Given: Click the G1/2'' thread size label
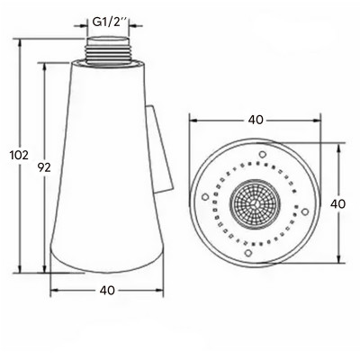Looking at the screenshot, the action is coord(111,22).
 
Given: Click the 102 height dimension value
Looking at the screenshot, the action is coord(19,156).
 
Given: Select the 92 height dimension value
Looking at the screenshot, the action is coord(44,167).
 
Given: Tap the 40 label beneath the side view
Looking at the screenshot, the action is coord(107,290).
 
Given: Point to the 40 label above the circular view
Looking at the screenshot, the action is coord(256,120).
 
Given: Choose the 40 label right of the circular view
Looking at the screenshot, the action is coord(338,204).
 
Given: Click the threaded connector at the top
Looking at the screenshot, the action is coord(108,49).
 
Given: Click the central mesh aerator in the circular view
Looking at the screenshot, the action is coord(256,204).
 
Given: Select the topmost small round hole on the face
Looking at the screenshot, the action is coord(263,155).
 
